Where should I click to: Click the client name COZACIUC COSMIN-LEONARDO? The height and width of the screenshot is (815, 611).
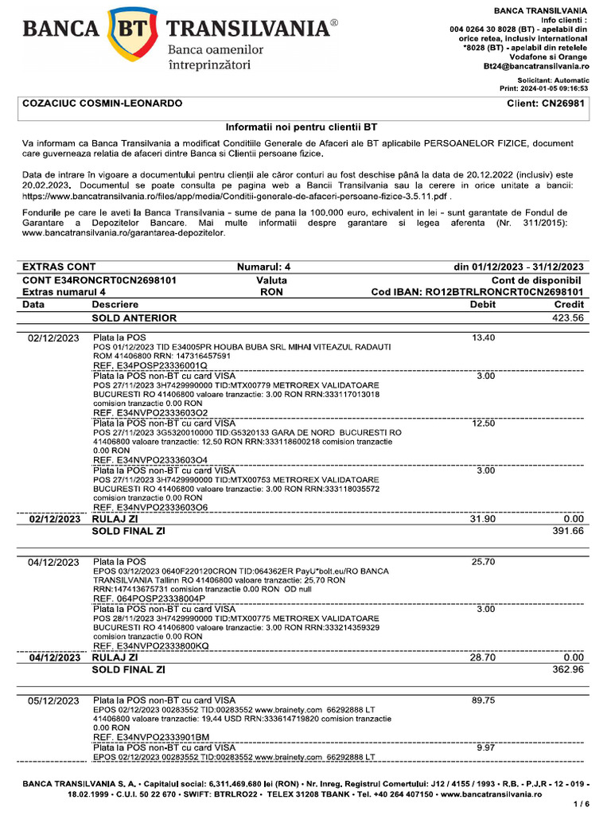103,103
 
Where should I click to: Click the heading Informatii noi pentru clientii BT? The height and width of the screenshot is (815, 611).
302,127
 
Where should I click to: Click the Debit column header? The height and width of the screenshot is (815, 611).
483,304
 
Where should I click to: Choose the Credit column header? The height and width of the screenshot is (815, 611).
569,304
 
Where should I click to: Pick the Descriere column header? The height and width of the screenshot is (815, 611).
115,304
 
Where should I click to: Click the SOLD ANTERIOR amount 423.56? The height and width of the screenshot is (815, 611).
568,318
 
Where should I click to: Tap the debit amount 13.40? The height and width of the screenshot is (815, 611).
483,338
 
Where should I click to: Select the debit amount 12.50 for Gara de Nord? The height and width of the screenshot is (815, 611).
483,423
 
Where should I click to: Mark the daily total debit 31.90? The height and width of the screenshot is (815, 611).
483,519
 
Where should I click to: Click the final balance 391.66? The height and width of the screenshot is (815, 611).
568,530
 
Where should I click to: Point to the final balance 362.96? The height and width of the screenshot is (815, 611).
568,669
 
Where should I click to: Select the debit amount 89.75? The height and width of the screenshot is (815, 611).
483,700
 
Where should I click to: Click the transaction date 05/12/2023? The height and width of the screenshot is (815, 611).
54,701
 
